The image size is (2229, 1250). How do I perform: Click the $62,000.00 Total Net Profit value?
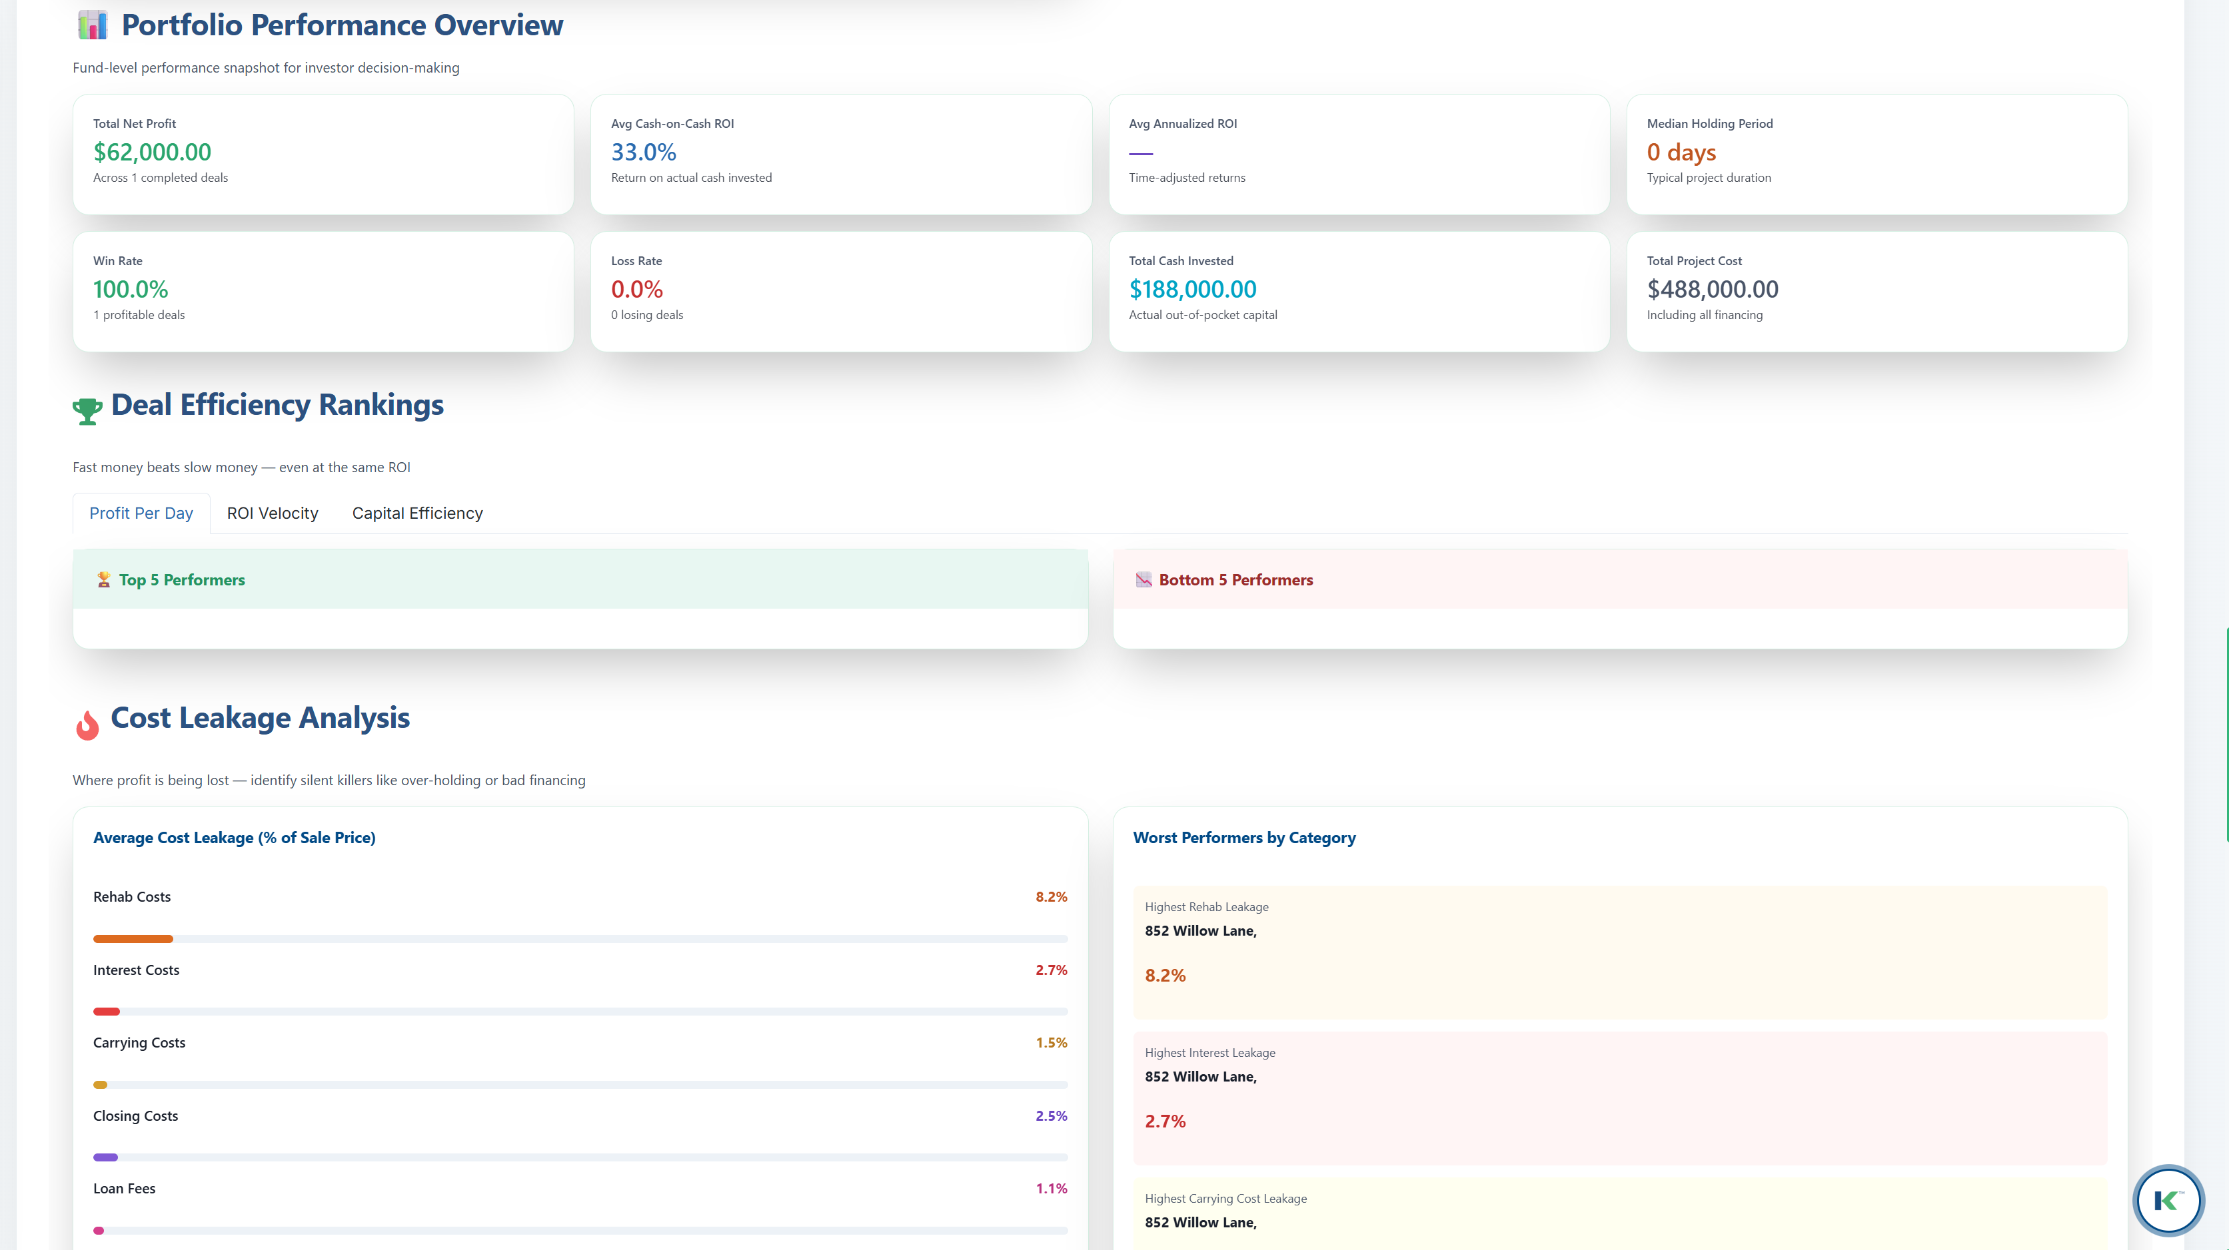coord(153,153)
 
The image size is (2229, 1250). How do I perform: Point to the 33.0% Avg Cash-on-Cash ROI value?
coord(643,153)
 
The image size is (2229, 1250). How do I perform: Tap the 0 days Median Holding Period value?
coord(1681,153)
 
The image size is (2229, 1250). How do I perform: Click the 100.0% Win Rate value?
coord(131,290)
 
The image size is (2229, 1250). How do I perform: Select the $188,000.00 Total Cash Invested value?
coord(1192,290)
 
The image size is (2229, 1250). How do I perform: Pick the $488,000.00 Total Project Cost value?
coord(1713,290)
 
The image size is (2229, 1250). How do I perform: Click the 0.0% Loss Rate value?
coord(637,290)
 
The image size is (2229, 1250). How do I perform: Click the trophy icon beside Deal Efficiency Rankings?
coord(87,411)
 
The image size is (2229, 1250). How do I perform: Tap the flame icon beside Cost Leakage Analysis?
coord(87,725)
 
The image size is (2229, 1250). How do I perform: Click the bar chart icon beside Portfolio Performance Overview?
coord(93,25)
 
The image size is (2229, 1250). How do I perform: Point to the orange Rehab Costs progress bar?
coord(133,938)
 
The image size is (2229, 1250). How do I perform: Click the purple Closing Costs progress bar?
coord(105,1157)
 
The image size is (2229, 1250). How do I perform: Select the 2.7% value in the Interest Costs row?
coord(1052,970)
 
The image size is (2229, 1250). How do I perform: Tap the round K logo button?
coord(2168,1200)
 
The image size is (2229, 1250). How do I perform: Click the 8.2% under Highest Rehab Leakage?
coord(1165,976)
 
